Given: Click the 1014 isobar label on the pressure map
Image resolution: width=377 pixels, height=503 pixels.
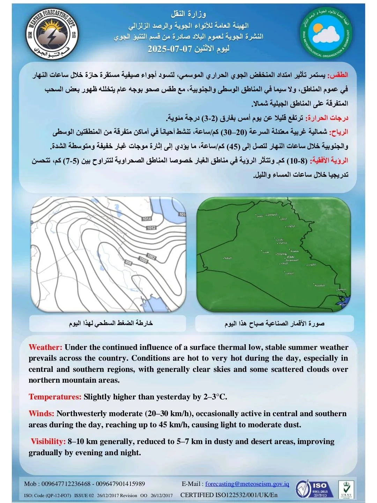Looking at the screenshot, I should [x=147, y=219].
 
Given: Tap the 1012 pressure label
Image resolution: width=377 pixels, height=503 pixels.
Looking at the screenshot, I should [x=151, y=228].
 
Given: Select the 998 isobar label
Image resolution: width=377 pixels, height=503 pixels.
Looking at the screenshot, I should [x=128, y=262].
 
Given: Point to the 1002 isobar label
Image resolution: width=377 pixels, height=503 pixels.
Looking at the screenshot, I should [x=151, y=257].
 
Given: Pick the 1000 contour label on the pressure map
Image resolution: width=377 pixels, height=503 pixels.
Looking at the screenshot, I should [x=143, y=260].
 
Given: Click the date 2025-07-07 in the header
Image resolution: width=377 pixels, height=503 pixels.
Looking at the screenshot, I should [x=170, y=48].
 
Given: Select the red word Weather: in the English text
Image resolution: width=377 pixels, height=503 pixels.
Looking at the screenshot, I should [x=45, y=347].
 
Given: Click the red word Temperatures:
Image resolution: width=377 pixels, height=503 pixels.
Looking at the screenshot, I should [x=55, y=397].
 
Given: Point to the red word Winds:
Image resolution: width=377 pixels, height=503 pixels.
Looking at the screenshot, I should [x=42, y=413].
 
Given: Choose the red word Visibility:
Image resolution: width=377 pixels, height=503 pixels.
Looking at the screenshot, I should [x=48, y=441].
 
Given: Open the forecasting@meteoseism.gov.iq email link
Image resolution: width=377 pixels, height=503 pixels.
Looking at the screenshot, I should [x=247, y=483].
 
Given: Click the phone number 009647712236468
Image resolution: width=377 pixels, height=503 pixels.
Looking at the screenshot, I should [x=66, y=483].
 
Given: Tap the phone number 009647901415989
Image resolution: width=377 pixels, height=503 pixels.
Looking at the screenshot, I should [x=120, y=483].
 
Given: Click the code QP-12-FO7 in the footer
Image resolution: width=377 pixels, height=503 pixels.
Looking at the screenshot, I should [x=59, y=495].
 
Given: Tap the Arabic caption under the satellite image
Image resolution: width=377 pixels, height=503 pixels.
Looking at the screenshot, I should [x=274, y=323].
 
